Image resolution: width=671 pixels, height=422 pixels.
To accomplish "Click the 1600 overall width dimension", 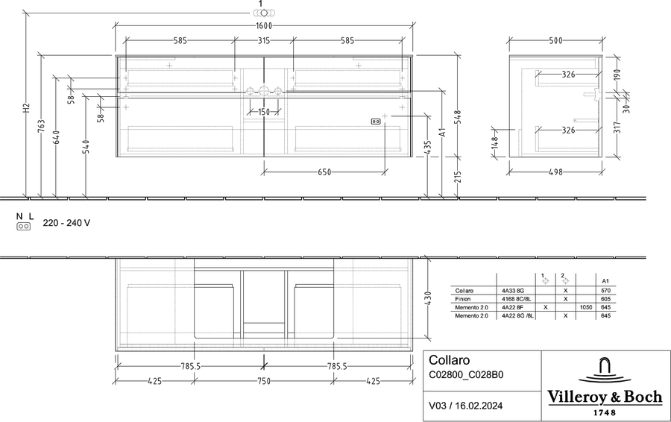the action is pyautogui.click(x=264, y=25).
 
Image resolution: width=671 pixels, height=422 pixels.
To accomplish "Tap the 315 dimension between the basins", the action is pyautogui.click(x=264, y=41).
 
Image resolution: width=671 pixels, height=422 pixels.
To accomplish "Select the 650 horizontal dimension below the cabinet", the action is pyautogui.click(x=324, y=172).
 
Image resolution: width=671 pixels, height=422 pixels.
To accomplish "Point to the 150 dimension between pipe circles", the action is pyautogui.click(x=264, y=112).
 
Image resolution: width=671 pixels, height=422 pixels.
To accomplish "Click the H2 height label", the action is pyautogui.click(x=27, y=107).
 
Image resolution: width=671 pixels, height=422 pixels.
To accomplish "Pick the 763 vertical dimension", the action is pyautogui.click(x=41, y=126).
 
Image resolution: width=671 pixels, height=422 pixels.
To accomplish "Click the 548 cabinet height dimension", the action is pyautogui.click(x=458, y=117).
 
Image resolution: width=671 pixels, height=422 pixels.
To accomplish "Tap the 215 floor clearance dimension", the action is pyautogui.click(x=458, y=177).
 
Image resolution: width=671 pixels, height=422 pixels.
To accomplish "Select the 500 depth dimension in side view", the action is pyautogui.click(x=555, y=41).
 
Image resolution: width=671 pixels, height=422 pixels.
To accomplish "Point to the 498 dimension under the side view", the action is pyautogui.click(x=555, y=172).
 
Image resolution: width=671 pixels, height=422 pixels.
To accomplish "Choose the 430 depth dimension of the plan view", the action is pyautogui.click(x=429, y=298).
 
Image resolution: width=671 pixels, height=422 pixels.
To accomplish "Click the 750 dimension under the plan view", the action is pyautogui.click(x=264, y=381).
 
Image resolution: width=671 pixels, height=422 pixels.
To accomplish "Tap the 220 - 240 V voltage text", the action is pyautogui.click(x=66, y=223).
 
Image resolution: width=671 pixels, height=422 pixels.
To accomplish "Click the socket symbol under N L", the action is pyautogui.click(x=24, y=227).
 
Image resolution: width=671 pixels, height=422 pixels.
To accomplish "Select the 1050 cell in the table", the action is pyautogui.click(x=586, y=307).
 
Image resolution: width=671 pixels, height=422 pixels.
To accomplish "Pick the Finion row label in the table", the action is pyautogui.click(x=462, y=299).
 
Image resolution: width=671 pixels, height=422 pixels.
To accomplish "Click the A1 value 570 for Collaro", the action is pyautogui.click(x=605, y=291).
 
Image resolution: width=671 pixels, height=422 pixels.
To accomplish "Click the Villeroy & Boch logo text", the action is pyautogui.click(x=605, y=397).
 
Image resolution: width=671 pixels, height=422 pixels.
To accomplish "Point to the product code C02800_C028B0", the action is pyautogui.click(x=466, y=375).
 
